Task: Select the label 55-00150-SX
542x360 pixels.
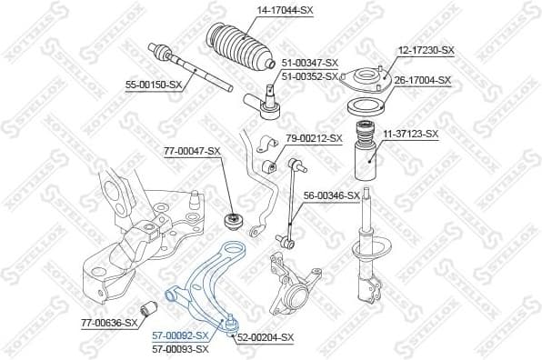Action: coord(153,85)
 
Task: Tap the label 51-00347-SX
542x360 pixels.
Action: coord(309,63)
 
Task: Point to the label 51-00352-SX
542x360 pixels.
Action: coord(309,75)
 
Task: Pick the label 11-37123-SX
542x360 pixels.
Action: coord(409,134)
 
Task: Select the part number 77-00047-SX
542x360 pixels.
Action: coord(192,150)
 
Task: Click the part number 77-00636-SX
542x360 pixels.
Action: coord(107,322)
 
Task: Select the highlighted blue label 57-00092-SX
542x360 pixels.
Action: coord(179,335)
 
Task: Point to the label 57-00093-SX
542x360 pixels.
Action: coord(179,348)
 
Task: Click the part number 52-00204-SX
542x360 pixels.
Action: coord(266,337)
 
